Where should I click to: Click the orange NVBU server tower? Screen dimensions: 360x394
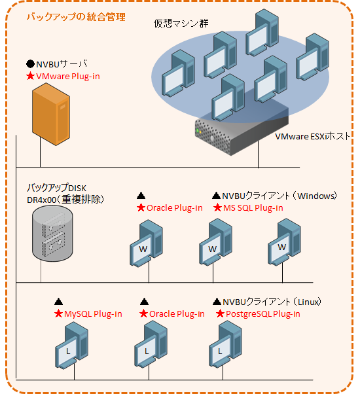click(51, 115)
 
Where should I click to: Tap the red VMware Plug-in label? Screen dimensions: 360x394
click(68, 77)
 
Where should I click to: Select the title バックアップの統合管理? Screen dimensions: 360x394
click(76, 17)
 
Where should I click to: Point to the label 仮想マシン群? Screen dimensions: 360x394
click(181, 24)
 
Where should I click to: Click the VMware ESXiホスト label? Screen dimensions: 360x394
click(312, 136)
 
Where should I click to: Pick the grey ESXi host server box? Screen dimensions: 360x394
click(242, 133)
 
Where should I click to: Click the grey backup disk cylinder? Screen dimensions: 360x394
click(52, 234)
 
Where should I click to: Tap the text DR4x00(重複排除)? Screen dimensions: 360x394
click(65, 200)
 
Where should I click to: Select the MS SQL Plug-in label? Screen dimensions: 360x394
click(253, 208)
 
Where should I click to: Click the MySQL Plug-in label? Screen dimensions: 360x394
click(93, 314)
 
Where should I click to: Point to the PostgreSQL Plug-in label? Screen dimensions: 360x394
click(262, 314)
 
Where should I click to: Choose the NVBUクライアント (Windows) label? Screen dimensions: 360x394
click(279, 196)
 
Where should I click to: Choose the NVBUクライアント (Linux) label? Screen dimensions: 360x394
click(272, 302)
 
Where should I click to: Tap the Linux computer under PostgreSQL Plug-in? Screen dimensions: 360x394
click(226, 344)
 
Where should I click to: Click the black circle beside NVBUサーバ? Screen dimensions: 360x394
click(30, 64)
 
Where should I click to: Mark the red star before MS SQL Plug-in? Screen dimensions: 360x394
click(217, 208)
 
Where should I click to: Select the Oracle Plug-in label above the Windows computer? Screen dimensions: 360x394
click(174, 208)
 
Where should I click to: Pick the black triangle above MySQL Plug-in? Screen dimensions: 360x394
click(58, 302)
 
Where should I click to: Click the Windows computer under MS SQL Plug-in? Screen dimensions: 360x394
click(216, 242)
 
